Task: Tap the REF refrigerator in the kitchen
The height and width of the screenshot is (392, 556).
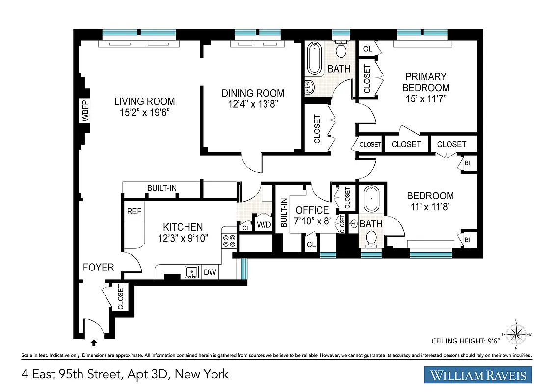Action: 134,212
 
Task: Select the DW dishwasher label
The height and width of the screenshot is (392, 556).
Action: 210,272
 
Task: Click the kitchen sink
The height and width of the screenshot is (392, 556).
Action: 192,271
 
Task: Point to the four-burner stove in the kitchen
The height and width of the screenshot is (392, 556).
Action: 229,241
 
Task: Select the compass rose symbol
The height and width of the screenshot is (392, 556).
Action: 516,335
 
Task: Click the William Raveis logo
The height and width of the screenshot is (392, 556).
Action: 478,375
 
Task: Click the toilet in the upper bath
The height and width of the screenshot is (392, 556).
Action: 341,49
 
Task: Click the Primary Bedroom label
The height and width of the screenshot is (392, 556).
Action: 425,82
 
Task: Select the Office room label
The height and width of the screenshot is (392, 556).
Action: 312,210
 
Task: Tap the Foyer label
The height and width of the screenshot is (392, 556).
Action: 98,267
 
